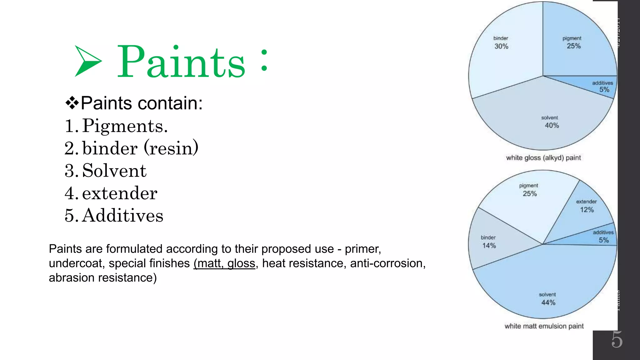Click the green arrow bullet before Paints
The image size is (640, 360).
pyautogui.click(x=87, y=61)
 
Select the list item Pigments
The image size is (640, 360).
pyautogui.click(x=125, y=126)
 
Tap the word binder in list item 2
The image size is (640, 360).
pyautogui.click(x=110, y=148)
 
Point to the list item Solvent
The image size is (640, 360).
pyautogui.click(x=114, y=171)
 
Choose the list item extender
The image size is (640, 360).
pyautogui.click(x=119, y=193)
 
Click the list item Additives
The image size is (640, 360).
pyautogui.click(x=122, y=216)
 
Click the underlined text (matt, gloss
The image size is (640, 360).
pyautogui.click(x=224, y=263)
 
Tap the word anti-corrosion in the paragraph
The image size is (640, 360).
pyautogui.click(x=387, y=263)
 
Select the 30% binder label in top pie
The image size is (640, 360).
pyautogui.click(x=501, y=43)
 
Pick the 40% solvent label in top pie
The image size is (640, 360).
pyautogui.click(x=551, y=122)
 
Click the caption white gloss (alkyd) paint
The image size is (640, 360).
pyautogui.click(x=543, y=158)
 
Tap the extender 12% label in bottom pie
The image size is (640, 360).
pyautogui.click(x=587, y=206)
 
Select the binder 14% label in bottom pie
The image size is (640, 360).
pyautogui.click(x=489, y=242)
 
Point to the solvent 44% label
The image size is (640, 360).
pyautogui.click(x=548, y=299)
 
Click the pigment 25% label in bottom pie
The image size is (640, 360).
pyautogui.click(x=529, y=190)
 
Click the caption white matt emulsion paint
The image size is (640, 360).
pyautogui.click(x=544, y=326)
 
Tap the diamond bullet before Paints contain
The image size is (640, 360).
pyautogui.click(x=72, y=103)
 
